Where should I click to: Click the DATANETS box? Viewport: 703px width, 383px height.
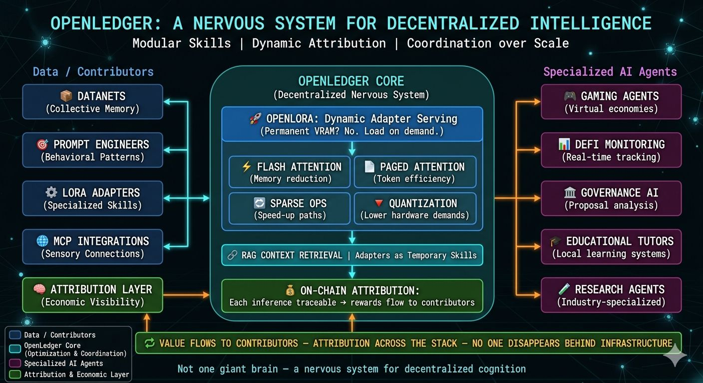coord(92,102)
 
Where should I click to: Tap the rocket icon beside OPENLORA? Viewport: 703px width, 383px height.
coord(255,119)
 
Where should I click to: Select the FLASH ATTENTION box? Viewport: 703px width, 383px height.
coord(290,172)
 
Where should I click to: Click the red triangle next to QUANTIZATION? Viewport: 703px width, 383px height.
coord(379,203)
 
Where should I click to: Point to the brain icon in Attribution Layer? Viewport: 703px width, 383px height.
coord(39,289)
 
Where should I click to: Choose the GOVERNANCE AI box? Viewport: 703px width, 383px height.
coord(611,198)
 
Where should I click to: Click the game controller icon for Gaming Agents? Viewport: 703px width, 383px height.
coord(570,96)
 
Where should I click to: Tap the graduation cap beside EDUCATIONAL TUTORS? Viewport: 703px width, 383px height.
coord(556,241)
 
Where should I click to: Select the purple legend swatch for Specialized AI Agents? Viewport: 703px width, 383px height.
coord(15,363)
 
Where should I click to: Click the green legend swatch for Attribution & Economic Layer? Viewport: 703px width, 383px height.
coord(15,374)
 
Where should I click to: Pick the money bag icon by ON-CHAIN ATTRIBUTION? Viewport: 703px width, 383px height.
coord(290,291)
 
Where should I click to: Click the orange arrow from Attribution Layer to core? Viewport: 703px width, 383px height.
coord(186,295)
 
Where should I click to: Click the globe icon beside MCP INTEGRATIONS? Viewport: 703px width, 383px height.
coord(42,241)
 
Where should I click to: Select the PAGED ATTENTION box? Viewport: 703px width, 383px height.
coord(415,172)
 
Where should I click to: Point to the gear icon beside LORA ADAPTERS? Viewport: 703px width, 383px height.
coord(51,192)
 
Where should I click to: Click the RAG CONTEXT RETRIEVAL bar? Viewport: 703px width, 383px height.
coord(352,255)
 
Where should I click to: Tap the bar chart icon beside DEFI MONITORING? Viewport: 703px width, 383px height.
coord(564,144)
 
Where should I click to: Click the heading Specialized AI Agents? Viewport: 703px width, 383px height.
coord(610,72)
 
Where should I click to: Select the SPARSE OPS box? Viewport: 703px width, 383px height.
coord(290,208)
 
